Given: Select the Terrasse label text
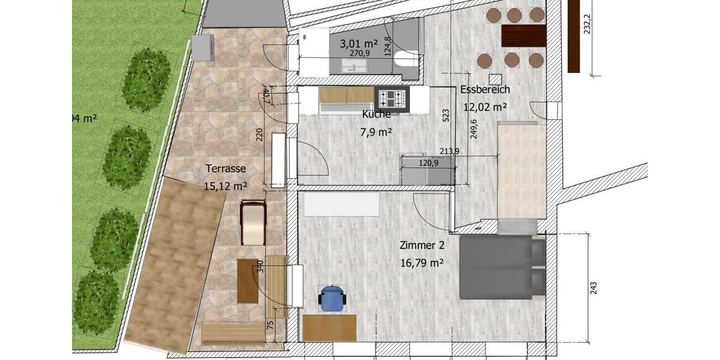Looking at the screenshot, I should coord(226,169).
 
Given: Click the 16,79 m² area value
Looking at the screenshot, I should coord(421,262).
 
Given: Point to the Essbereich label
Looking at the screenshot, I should coord(485,89).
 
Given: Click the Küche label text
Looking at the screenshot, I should coord(376,114).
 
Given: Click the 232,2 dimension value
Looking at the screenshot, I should coord(587,24).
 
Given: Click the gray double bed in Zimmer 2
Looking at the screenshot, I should coord(502,267).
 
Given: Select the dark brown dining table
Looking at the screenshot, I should coord(523,35).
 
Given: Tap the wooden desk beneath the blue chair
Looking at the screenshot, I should coord(329,328).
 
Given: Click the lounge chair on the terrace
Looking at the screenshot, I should coord(253,223).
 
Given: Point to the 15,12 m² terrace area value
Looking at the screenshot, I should coord(226,186).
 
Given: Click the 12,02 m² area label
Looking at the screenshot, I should coord(485,107).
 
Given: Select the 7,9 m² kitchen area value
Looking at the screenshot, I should coord(376,132).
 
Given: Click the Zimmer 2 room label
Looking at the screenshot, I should coord(421,245).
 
